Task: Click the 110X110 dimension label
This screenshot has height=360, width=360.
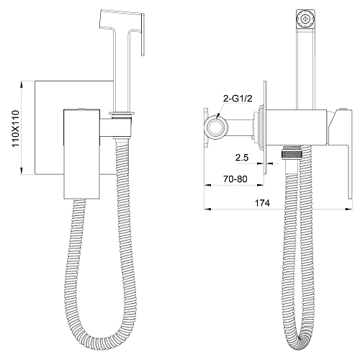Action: [15, 128]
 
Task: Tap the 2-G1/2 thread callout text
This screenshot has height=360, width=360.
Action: [238, 99]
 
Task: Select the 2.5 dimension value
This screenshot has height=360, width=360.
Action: [242, 158]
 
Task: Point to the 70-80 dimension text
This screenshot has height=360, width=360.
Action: [235, 179]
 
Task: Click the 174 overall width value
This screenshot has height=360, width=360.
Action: [262, 203]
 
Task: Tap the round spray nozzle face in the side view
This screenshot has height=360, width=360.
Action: [305, 19]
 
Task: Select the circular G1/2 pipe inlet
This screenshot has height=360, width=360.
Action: [216, 127]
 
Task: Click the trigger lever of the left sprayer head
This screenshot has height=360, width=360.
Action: [143, 34]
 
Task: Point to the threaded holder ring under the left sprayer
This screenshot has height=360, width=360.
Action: [122, 114]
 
